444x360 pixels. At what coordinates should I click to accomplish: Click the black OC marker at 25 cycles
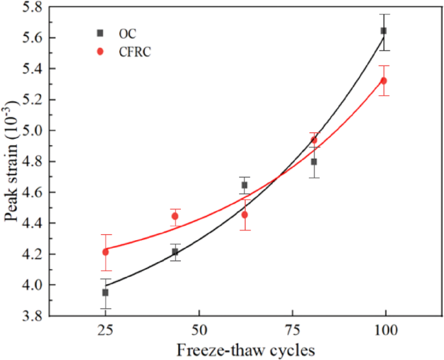point(105,293)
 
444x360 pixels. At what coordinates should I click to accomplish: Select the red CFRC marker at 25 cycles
point(105,252)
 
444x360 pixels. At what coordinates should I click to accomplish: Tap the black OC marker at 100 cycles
point(384,30)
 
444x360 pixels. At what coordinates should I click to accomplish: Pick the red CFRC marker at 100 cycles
point(384,80)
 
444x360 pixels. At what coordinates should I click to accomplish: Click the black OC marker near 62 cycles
point(244,185)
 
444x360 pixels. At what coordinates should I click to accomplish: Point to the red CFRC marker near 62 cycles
point(244,215)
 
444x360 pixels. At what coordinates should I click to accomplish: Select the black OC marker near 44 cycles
point(175,252)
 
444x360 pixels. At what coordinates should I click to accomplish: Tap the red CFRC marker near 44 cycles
point(175,216)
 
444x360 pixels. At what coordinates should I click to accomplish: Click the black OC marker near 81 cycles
point(314,162)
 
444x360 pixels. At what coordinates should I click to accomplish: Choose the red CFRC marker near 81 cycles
point(314,140)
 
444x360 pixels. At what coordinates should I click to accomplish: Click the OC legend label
point(127,33)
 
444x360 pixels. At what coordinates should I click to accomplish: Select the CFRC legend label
point(134,53)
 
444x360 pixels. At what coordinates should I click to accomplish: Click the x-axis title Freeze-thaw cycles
point(246,350)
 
